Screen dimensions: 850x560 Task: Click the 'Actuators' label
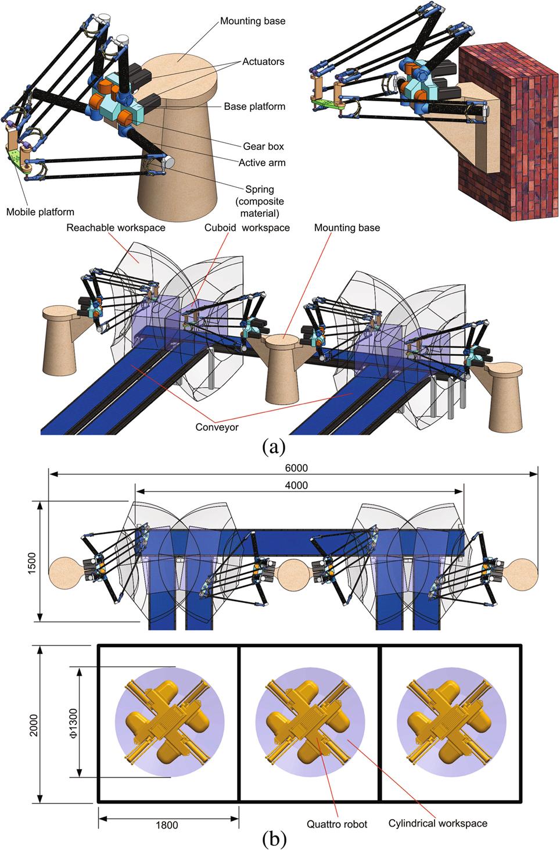coord(263,62)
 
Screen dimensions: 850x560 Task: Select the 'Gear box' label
coord(263,147)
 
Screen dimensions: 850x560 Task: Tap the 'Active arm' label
coord(261,162)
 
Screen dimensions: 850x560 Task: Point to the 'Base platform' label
coord(254,107)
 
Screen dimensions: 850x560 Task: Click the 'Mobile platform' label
coord(40,212)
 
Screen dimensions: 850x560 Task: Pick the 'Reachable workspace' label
coord(116,228)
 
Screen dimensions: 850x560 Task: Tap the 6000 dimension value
coord(296,468)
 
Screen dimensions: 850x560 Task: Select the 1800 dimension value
coord(167,825)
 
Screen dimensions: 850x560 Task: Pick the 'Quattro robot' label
coord(337,824)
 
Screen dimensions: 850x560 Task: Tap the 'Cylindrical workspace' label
coord(437,823)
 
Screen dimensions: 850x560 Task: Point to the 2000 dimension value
coord(34,724)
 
